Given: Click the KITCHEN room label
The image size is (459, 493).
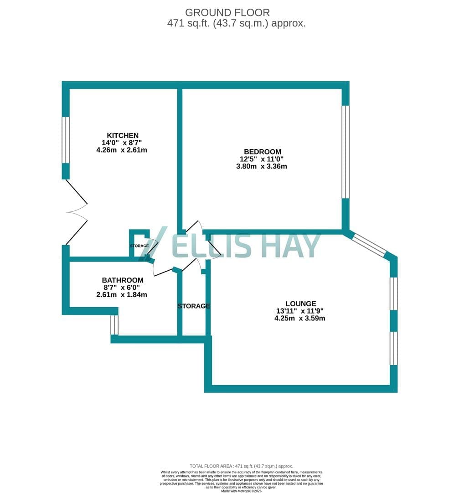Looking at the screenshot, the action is click(x=123, y=136).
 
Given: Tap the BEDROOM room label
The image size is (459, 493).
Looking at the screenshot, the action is click(x=263, y=152).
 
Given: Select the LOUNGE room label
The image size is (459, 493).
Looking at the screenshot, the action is click(x=301, y=304).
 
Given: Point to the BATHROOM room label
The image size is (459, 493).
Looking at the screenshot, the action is click(x=123, y=280).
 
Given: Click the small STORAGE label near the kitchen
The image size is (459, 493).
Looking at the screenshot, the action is click(x=139, y=246).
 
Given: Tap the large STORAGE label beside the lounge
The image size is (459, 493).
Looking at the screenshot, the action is click(x=194, y=306).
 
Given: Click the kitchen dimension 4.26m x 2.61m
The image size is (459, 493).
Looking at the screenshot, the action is click(x=122, y=150).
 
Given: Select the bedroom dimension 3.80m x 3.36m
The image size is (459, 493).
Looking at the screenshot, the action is click(x=262, y=166).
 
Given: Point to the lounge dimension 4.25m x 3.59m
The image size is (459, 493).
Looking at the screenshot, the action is click(x=300, y=318).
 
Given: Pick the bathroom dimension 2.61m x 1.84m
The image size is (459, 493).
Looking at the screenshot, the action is click(x=122, y=294).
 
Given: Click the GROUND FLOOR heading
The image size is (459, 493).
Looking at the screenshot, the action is click(x=227, y=13).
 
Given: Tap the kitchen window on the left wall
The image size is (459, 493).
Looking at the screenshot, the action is click(x=66, y=140).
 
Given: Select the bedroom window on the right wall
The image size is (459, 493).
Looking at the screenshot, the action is click(x=346, y=152).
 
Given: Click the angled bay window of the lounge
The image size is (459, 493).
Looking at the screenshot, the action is click(x=370, y=245).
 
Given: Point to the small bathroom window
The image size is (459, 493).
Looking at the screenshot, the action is click(x=114, y=325).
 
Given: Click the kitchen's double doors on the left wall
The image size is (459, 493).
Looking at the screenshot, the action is click(x=76, y=212).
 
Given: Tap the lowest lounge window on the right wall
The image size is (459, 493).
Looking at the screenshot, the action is click(x=394, y=348).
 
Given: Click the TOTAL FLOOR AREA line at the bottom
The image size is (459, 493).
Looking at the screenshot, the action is click(x=241, y=466).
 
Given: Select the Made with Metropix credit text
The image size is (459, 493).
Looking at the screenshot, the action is click(x=241, y=491).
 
